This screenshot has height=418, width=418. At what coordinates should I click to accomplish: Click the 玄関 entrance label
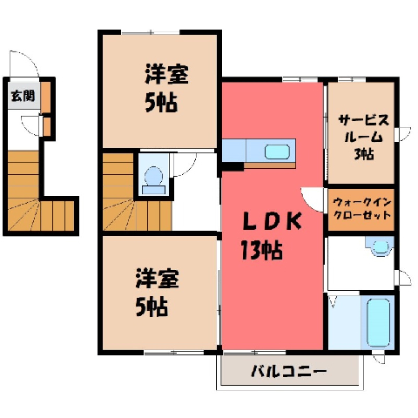pyautogui.click(x=23, y=96)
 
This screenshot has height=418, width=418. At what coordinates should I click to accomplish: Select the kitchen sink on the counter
pyautogui.click(x=277, y=152)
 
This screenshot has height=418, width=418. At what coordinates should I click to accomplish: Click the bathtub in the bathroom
pyautogui.click(x=378, y=323)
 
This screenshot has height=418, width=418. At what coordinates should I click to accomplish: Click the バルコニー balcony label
pyautogui.click(x=289, y=371)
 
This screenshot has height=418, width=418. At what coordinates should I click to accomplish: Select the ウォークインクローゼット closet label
pyautogui.click(x=362, y=208)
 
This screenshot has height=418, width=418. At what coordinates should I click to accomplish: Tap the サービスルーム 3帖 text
pyautogui.click(x=364, y=137)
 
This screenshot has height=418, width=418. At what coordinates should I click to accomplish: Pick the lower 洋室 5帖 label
pyautogui.click(x=157, y=292)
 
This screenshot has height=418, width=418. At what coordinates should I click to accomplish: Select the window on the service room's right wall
pyautogui.click(x=402, y=134)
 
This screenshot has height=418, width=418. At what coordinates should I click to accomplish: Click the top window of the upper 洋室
pyautogui.click(x=151, y=32)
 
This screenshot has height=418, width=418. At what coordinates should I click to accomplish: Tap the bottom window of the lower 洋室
pyautogui.click(x=174, y=353)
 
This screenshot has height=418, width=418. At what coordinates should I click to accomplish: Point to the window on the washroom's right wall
pyautogui.click(x=402, y=278)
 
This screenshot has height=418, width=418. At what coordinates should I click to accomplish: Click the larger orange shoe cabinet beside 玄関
pyautogui.click(x=45, y=97)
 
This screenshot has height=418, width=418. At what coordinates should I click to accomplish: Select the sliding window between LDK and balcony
pyautogui.click(x=255, y=353)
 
